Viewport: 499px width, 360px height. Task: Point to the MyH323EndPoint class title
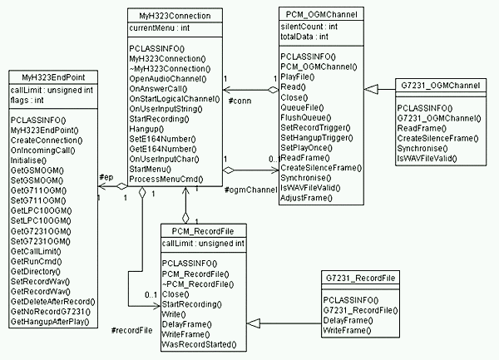click(x=52, y=76)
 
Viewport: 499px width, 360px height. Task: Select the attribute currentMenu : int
click(x=161, y=29)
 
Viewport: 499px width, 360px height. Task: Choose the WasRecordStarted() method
click(x=199, y=343)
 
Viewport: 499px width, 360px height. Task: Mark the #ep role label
click(x=106, y=178)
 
